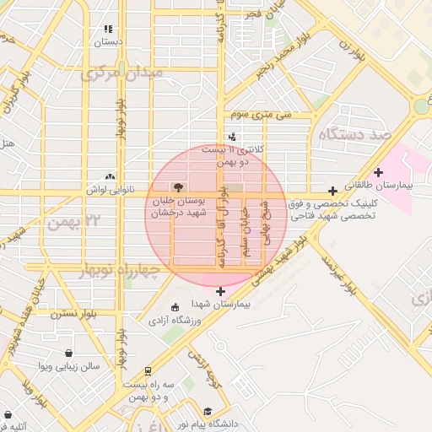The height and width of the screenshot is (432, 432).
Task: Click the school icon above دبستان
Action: click(x=107, y=29)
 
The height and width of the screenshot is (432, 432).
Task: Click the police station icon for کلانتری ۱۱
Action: click(x=232, y=137)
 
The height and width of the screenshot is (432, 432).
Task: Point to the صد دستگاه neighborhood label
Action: click(x=354, y=134)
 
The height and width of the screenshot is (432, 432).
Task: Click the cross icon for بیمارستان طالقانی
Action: click(x=378, y=172)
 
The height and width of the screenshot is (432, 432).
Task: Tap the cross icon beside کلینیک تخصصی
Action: click(x=333, y=191)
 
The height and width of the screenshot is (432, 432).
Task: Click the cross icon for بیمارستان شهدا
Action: click(x=221, y=291)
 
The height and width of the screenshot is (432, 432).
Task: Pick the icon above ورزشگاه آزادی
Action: click(x=175, y=307)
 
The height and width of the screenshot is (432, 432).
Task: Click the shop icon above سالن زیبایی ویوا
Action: click(x=68, y=353)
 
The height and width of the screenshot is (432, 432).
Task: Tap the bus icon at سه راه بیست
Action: click(x=148, y=370)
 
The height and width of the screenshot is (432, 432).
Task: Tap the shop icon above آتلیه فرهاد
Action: click(x=9, y=415)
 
